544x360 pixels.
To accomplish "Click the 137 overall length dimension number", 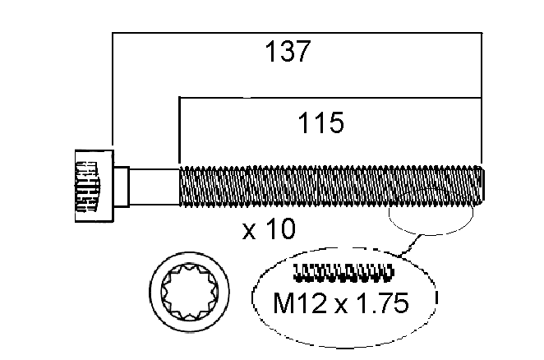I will click(288, 52).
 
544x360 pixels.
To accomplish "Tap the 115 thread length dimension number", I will click(320, 124).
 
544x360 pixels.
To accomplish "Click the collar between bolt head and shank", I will click(121, 185).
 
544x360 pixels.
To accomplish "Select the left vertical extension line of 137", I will click(112, 90).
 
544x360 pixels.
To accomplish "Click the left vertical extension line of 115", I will click(179, 132).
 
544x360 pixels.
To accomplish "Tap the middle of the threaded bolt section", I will click(329, 185).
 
